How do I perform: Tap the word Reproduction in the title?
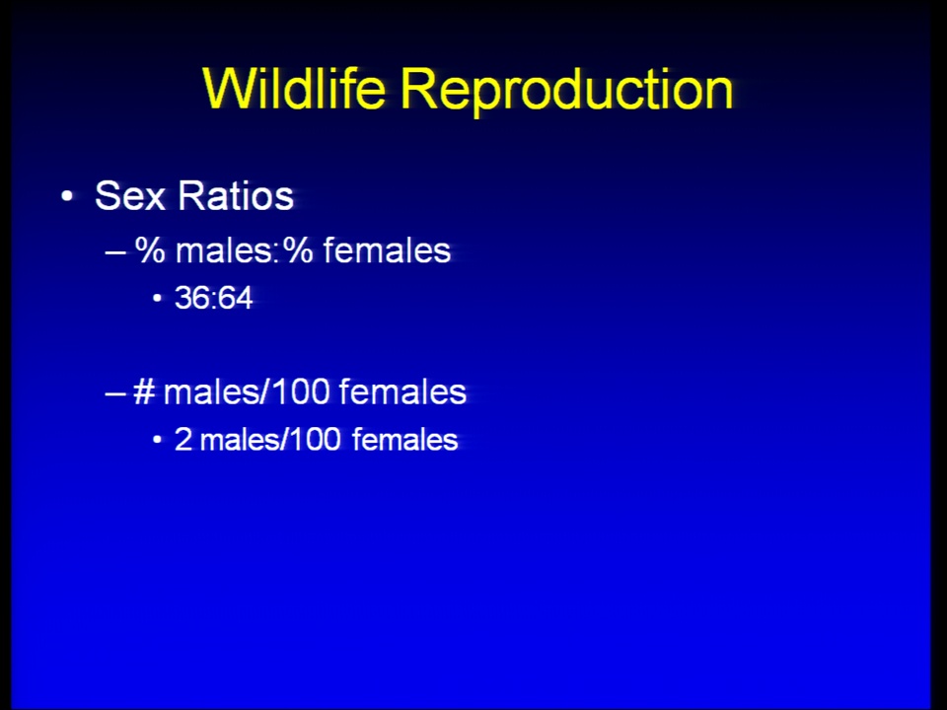[566, 92]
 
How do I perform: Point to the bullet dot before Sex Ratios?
[67, 196]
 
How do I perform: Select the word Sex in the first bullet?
[130, 195]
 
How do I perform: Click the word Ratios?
[236, 195]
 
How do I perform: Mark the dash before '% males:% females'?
[114, 251]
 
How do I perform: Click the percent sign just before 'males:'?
[150, 249]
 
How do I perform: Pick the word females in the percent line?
[387, 249]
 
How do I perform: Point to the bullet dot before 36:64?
[158, 298]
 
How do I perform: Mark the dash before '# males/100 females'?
[114, 393]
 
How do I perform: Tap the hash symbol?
[144, 391]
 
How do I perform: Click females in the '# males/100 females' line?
[402, 391]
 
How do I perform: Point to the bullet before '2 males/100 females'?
[158, 440]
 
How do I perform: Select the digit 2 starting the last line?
[183, 440]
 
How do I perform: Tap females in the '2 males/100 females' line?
[404, 440]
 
